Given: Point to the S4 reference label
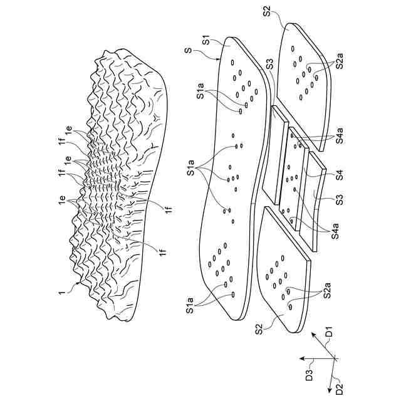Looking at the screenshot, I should tap(339, 177).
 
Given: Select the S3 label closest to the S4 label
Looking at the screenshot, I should tap(338, 200).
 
